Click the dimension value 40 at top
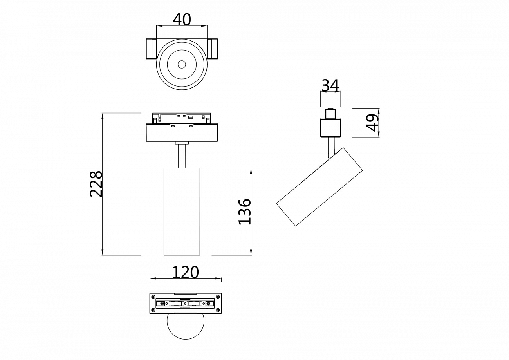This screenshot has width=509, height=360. (182, 19)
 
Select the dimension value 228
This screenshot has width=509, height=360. (96, 184)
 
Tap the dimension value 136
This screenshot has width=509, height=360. (245, 212)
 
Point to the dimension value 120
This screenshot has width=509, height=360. (185, 272)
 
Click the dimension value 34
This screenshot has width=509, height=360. (330, 85)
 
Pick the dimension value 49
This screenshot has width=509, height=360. (372, 123)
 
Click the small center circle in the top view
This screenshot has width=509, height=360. (182, 64)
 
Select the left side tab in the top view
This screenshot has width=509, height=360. (151, 49)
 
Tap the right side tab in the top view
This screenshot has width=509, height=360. (213, 49)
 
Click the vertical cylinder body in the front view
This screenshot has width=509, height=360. (182, 212)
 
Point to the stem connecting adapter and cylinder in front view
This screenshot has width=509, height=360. (182, 156)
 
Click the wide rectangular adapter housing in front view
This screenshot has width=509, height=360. (182, 133)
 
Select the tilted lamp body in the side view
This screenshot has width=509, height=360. (319, 187)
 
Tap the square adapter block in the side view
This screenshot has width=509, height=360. (330, 128)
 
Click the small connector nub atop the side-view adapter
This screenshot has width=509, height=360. (330, 113)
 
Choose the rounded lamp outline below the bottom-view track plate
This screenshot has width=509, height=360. (185, 327)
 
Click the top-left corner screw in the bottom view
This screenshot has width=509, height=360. (153, 297)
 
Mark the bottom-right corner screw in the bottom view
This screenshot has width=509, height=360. (218, 311)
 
